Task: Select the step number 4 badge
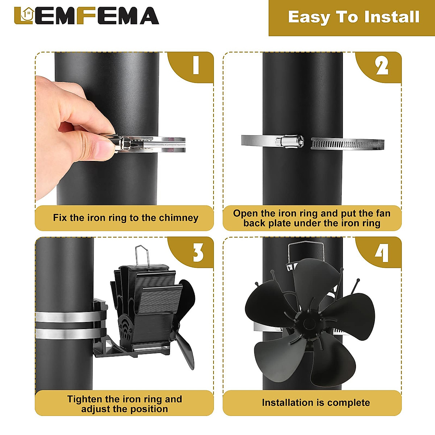(x=382, y=253)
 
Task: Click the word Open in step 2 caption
(x=246, y=213)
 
